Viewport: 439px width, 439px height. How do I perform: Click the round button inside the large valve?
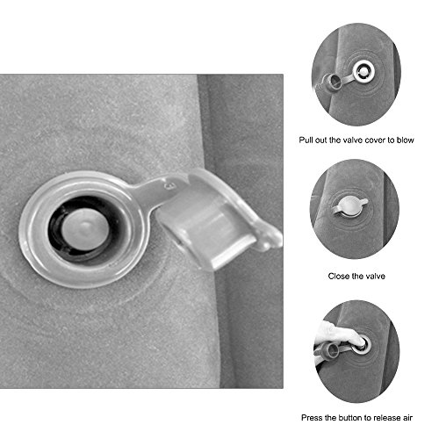pos(84,229)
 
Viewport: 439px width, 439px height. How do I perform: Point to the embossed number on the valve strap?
pos(169,186)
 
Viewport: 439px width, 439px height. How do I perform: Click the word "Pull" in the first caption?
pos(305,140)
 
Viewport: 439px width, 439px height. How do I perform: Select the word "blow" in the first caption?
pos(406,140)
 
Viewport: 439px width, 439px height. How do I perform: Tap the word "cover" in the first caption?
pos(375,140)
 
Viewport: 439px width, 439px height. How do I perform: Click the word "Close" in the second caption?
pos(337,276)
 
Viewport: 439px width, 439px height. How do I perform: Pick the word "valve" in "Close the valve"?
pos(376,276)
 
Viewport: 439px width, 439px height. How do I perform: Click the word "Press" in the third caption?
pos(311,418)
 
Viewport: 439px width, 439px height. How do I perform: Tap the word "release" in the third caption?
pos(386,418)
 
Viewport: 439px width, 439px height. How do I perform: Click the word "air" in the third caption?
pos(407,418)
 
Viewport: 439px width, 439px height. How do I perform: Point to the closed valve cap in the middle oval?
pos(350,206)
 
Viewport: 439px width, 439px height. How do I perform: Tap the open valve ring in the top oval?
pos(363,71)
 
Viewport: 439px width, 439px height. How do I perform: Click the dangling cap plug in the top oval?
pos(332,83)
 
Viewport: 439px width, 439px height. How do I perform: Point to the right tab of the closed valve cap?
pos(364,201)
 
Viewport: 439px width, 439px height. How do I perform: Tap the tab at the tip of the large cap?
pos(270,240)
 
